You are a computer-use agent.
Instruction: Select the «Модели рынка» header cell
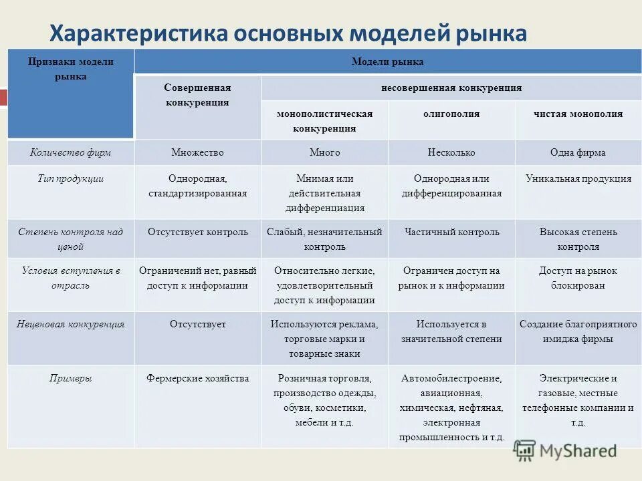tap(387, 62)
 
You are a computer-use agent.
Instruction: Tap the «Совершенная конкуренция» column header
tap(197, 96)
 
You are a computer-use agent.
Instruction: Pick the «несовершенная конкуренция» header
tap(451, 88)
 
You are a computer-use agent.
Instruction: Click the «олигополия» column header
tap(451, 114)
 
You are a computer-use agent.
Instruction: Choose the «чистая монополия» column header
tap(578, 114)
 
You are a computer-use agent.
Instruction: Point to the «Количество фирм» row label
tap(70, 153)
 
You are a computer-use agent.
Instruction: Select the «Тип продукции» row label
tap(70, 179)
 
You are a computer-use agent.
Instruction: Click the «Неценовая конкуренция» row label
tap(70, 325)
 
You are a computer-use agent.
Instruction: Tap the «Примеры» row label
tap(70, 379)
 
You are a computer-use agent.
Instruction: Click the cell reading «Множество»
tap(197, 153)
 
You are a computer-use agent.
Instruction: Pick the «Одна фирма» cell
tap(578, 153)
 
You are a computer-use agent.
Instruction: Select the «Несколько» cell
tap(451, 153)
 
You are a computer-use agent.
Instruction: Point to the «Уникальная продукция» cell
tap(578, 179)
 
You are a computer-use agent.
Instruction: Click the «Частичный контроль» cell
tap(451, 232)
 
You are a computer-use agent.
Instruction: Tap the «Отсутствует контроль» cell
tap(197, 232)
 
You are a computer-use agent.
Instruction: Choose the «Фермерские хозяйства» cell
tap(197, 379)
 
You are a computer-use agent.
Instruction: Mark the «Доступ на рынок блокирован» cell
tap(578, 278)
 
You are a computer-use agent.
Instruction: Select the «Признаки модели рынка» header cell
tap(70, 69)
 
